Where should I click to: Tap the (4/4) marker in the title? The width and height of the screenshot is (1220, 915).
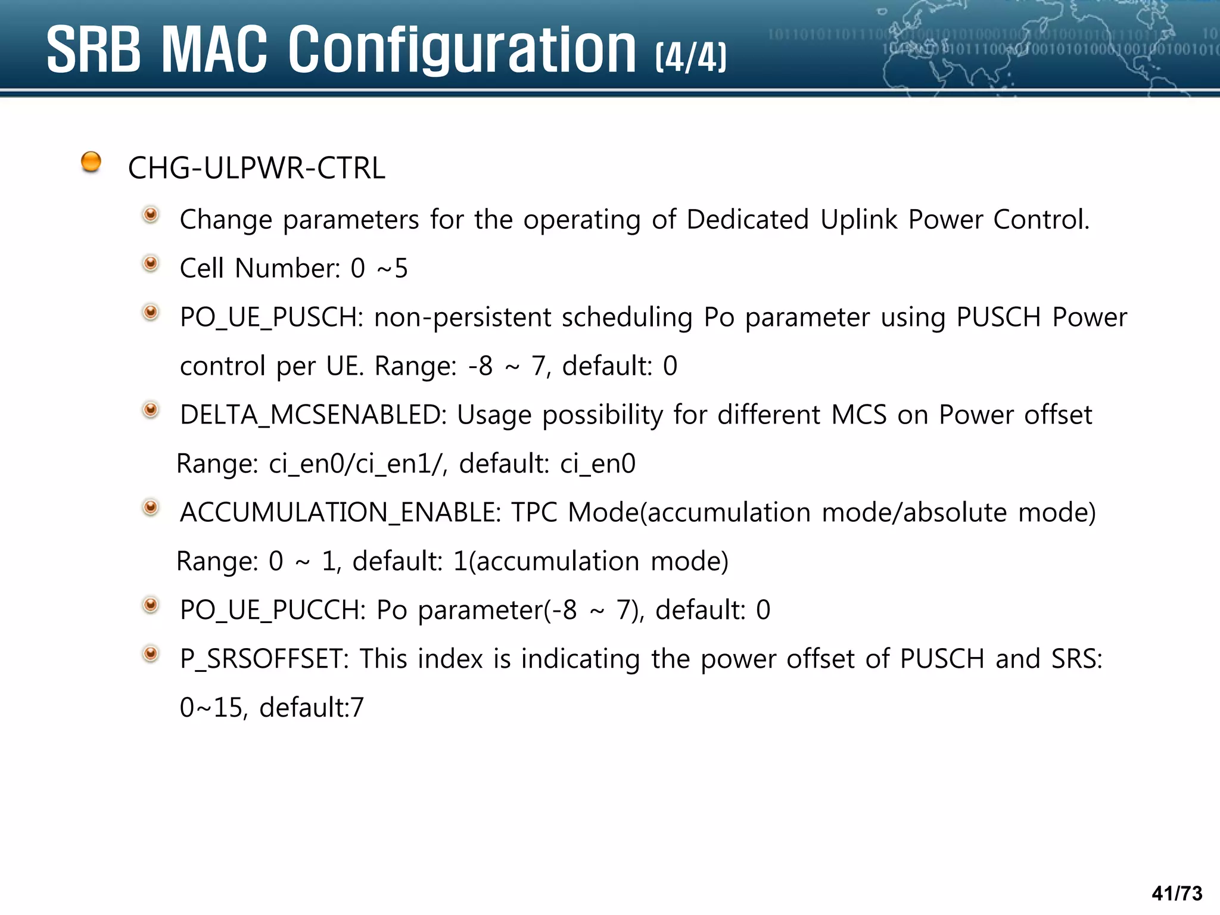(691, 58)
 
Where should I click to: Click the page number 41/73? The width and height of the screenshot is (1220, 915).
(1177, 894)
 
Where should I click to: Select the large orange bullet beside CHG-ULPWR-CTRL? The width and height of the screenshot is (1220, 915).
(91, 161)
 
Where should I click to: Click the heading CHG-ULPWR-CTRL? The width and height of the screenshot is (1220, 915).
(256, 168)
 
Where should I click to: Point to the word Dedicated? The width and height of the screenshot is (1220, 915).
(748, 219)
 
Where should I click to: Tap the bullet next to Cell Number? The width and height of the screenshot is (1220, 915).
(151, 263)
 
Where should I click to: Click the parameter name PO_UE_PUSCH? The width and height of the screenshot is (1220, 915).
(271, 318)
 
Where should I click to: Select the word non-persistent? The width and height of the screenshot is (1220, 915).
(462, 318)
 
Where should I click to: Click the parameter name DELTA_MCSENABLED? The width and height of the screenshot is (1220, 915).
(313, 415)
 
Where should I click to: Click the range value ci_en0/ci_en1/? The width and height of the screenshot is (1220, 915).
(358, 464)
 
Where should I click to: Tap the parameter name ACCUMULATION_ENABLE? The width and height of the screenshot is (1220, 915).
(340, 513)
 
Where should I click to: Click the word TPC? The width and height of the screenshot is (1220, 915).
(534, 513)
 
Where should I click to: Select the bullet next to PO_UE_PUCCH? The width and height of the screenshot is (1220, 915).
(151, 605)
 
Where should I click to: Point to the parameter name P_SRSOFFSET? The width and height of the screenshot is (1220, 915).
(264, 659)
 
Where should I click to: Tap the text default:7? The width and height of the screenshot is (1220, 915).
(312, 708)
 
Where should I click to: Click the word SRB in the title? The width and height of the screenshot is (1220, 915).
(94, 51)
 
